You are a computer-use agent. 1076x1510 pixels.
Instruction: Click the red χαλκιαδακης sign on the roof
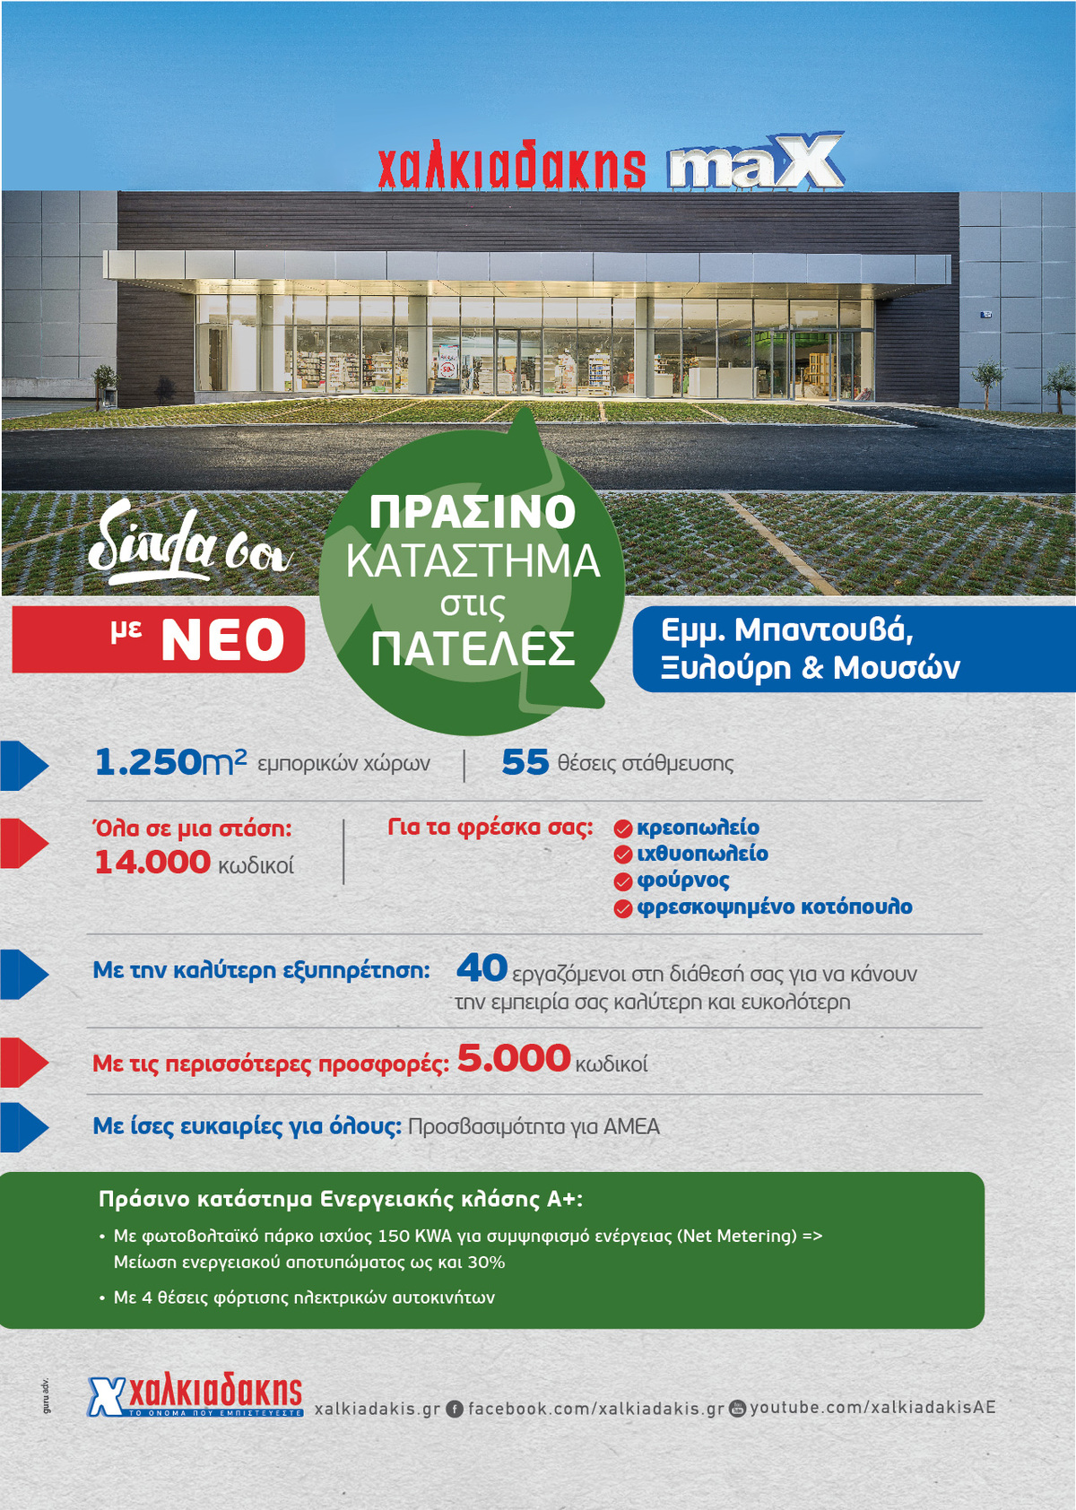coord(511,166)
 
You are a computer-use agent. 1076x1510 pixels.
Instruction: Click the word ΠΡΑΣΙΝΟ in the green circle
coord(473,512)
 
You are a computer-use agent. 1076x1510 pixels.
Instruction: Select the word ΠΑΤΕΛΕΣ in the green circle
coord(473,648)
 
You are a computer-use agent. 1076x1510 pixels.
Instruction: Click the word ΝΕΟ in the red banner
coord(222,641)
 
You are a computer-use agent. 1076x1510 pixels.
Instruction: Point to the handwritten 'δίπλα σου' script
coord(188,542)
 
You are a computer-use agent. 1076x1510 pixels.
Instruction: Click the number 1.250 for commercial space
coord(149,763)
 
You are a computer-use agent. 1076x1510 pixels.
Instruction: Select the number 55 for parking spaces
coord(525,763)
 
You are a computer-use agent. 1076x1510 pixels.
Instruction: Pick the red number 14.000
coord(152,863)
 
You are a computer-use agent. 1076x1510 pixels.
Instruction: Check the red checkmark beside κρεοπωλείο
coord(623,829)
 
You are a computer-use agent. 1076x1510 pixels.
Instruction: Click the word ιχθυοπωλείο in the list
coord(702,854)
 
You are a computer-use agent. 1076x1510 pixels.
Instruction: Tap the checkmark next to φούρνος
coord(623,882)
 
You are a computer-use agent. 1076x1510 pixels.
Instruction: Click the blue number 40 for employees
coord(482,968)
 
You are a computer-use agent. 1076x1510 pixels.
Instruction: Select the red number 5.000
coord(514,1059)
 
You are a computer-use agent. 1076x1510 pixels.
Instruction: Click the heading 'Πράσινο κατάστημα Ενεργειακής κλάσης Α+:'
coord(341,1200)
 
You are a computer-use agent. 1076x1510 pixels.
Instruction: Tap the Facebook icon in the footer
coord(455,1409)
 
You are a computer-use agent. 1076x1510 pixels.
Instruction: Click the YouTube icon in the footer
coord(737,1408)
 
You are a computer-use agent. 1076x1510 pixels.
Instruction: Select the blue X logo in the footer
coord(106,1397)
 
